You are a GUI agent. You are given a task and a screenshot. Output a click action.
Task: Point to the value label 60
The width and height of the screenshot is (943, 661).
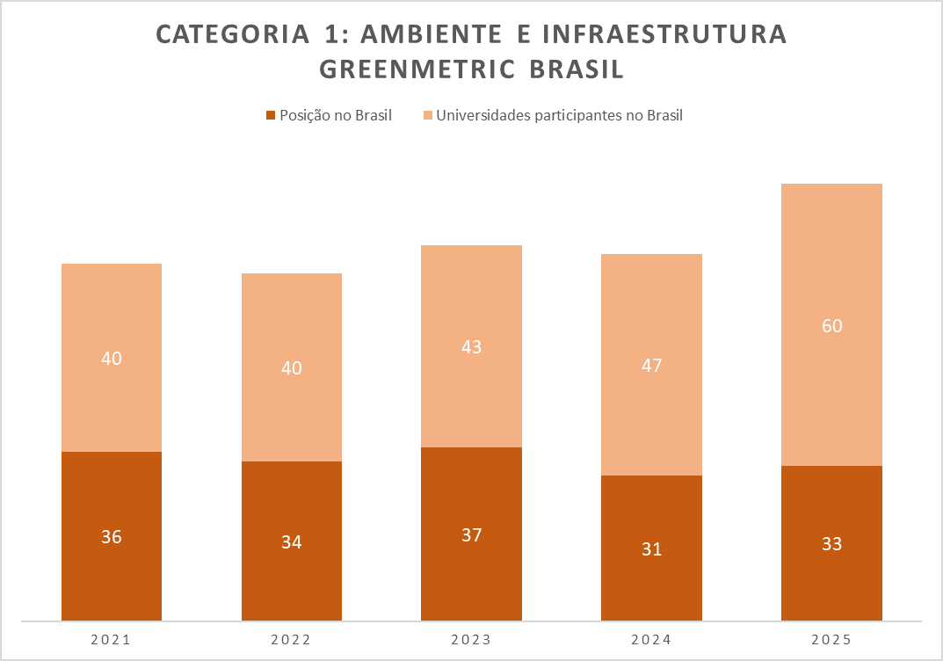tap(831, 326)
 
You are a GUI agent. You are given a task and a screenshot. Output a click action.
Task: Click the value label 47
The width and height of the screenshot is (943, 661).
tap(651, 366)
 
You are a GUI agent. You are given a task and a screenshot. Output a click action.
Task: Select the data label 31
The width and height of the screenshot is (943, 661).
tap(651, 549)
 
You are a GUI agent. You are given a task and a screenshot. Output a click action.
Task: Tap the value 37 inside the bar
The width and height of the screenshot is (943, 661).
tap(471, 534)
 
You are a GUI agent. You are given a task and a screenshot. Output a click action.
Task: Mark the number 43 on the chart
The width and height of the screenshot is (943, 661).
tap(471, 346)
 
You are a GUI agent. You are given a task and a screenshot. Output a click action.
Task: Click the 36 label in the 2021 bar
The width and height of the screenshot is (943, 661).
tap(112, 536)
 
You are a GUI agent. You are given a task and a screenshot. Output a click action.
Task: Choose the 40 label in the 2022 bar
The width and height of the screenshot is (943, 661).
tap(291, 368)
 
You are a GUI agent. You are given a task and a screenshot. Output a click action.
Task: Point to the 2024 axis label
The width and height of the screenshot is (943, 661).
tap(651, 640)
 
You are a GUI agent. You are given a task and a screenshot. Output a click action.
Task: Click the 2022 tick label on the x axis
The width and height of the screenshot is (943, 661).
tap(291, 640)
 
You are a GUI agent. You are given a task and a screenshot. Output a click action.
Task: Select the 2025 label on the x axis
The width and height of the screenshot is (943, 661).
tap(831, 640)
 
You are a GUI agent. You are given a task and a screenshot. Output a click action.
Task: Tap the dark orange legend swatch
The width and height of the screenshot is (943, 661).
tap(271, 115)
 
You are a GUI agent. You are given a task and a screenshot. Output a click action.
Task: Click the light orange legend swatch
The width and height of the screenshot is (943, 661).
tap(428, 115)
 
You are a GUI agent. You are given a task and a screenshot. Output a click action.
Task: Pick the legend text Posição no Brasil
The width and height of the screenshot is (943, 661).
tap(335, 115)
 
